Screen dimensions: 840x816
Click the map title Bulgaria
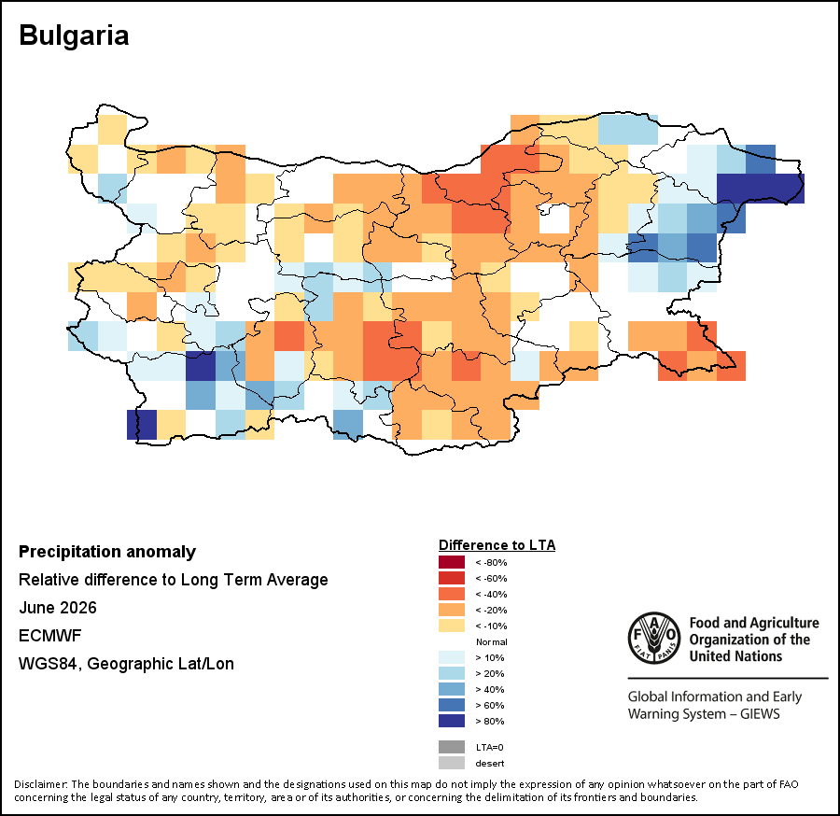74,35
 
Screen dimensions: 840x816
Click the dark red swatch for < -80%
452,562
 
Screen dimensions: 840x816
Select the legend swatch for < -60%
452,578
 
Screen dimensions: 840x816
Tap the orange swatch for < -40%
452,594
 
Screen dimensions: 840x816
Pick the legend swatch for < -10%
452,626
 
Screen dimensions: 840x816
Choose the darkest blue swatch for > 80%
452,721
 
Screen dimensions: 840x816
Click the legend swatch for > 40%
452,689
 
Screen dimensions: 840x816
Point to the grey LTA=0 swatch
452,747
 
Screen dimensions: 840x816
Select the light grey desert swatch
452,763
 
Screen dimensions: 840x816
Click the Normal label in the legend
491,641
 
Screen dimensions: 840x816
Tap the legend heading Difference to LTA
497,545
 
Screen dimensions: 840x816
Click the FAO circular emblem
654,638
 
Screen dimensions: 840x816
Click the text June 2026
58,608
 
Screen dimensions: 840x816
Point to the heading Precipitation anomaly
107,552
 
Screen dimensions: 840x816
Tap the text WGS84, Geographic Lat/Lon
126,664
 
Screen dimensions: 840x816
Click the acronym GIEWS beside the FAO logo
760,713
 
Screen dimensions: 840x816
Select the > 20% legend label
490,673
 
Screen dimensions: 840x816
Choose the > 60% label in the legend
490,705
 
